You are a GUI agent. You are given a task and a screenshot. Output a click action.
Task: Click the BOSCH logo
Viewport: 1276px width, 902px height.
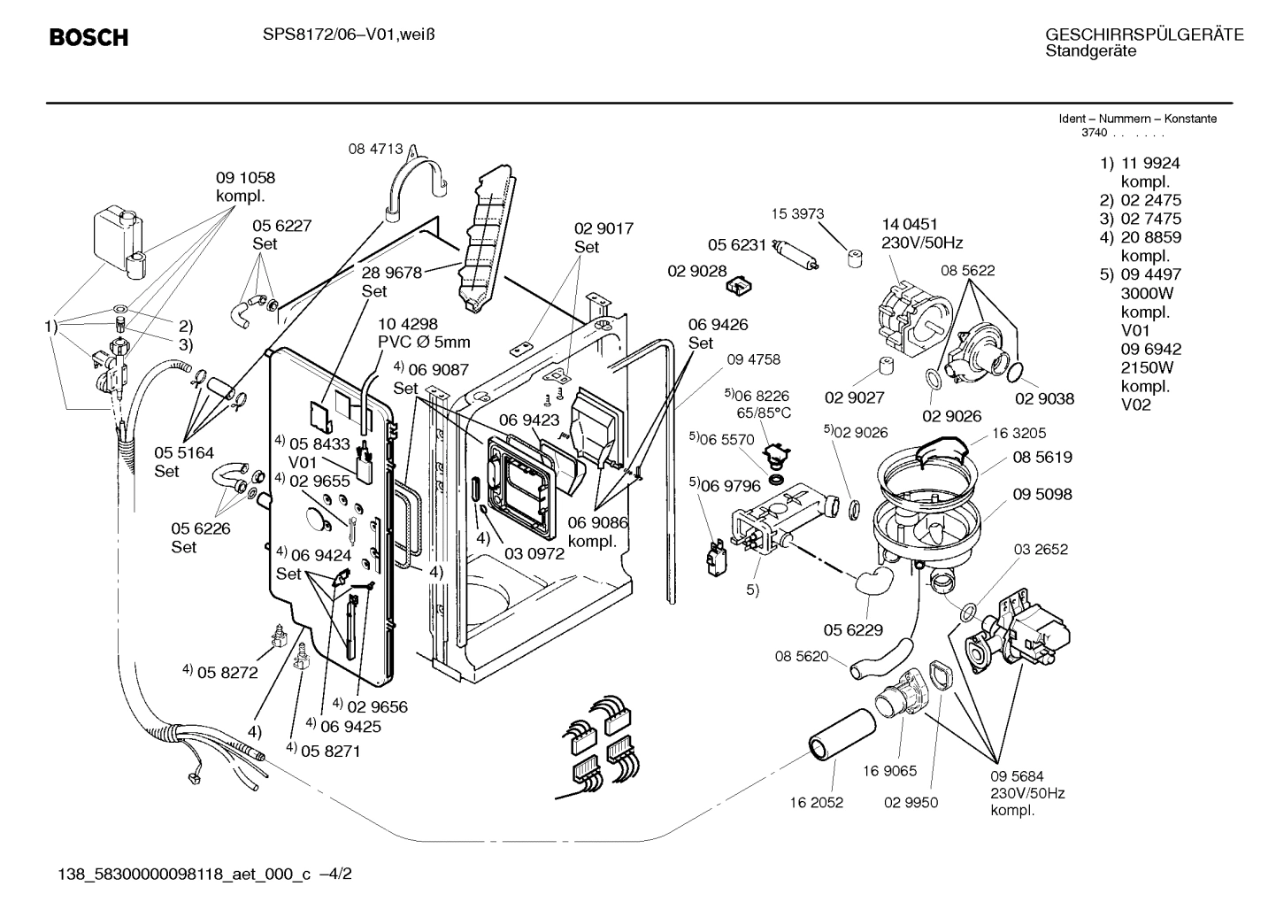tap(88, 37)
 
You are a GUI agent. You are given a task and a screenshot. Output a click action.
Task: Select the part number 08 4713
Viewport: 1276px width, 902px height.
tap(375, 150)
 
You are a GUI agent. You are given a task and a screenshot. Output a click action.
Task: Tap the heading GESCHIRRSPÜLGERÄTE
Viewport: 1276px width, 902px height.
tap(1144, 35)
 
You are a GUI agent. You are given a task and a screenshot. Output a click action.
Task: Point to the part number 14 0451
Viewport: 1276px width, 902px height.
tap(910, 224)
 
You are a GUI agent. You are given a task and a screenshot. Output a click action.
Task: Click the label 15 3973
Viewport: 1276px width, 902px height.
tap(797, 213)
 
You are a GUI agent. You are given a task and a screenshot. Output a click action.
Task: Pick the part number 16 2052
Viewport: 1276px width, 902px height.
tap(817, 803)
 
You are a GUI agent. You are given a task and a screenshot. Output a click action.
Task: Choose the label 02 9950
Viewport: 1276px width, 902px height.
tap(911, 803)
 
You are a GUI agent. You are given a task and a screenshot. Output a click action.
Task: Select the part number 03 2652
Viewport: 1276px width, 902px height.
tap(1041, 549)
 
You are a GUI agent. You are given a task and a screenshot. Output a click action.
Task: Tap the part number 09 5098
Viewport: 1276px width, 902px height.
tap(1042, 494)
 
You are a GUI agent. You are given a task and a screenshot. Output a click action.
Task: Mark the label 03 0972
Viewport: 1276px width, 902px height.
tap(534, 553)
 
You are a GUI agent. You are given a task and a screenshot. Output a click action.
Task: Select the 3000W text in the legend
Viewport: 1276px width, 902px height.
tap(1147, 293)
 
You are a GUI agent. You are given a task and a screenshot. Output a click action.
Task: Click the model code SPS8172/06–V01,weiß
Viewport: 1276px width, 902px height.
tap(349, 35)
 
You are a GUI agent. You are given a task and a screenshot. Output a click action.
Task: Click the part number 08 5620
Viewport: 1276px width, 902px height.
tap(802, 656)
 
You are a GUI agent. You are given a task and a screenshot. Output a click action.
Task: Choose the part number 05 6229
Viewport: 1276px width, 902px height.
tap(853, 629)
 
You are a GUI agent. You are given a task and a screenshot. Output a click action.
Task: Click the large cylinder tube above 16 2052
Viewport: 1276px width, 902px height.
tap(838, 732)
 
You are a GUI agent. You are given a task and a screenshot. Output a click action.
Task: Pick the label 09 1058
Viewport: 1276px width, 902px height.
tap(245, 177)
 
